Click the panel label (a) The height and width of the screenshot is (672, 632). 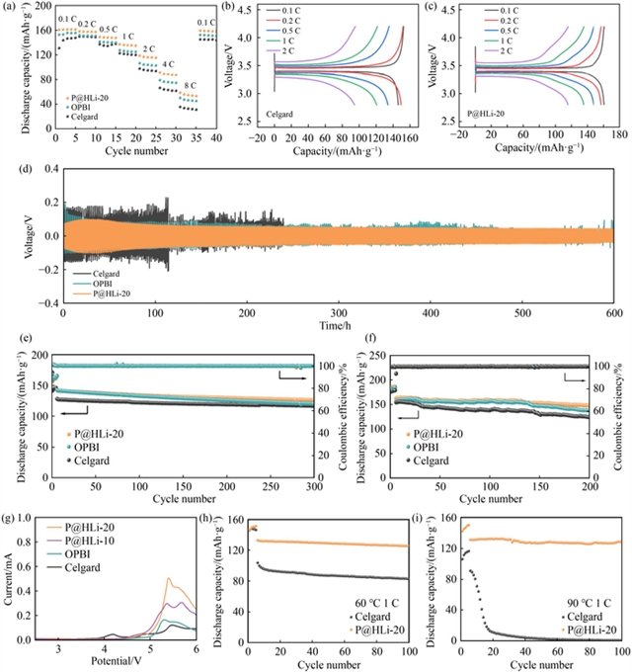[x=10, y=8]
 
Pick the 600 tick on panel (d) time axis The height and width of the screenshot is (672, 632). [x=611, y=314]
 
